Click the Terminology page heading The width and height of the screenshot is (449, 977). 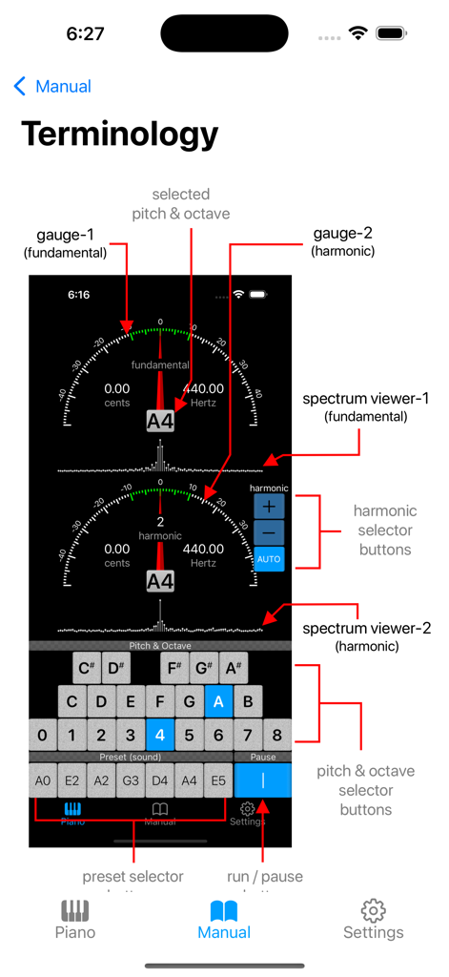pos(119,134)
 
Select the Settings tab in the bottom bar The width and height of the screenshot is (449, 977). pos(373,920)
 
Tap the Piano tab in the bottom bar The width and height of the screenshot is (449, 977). pos(75,920)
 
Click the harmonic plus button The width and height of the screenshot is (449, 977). pos(269,507)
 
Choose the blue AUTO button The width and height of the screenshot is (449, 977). pos(269,558)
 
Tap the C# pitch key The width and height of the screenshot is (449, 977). pos(87,668)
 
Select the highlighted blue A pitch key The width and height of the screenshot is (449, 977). pos(219,702)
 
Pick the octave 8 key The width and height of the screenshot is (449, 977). pos(277,735)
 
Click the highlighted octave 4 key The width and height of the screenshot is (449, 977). pos(160,735)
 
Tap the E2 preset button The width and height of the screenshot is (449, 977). pos(72,780)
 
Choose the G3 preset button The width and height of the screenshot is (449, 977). pos(131,780)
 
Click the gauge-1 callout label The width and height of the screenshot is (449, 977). pos(65,242)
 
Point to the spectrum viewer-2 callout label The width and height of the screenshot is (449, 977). pos(366,636)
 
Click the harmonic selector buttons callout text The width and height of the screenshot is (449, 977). pos(384,530)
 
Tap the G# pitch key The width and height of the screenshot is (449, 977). pos(203,668)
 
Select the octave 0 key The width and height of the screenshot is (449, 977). pos(42,735)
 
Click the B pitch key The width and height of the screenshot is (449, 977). pos(249,702)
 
